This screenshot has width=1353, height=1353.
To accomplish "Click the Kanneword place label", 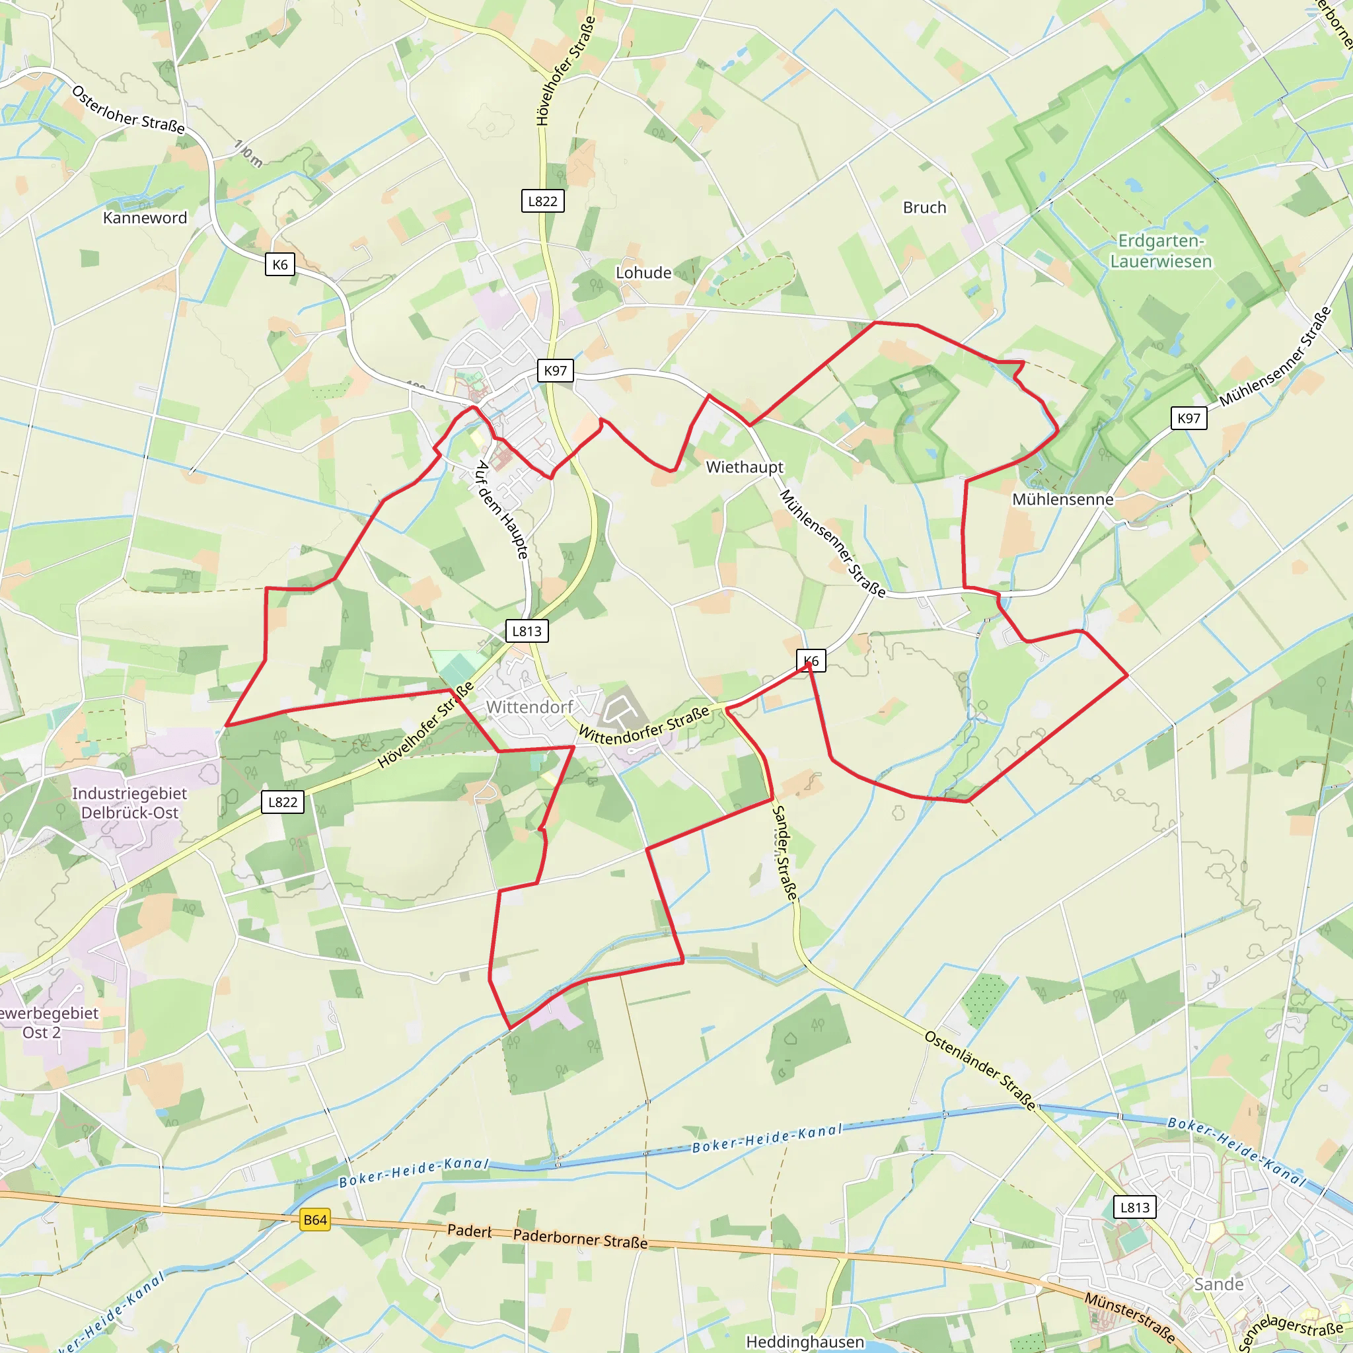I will coord(145,218).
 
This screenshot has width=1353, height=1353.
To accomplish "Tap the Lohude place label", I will coord(643,272).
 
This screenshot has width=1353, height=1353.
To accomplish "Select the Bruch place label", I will coord(924,207).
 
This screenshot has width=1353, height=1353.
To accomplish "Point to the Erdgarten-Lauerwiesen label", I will coord(1160,250).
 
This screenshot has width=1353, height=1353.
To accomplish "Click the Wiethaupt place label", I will coord(745,466).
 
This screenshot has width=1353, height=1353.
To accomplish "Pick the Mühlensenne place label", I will coord(1062,499).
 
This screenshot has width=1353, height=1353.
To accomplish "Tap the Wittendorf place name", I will coord(529,707).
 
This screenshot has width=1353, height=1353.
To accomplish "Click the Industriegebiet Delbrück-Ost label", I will coord(129,803).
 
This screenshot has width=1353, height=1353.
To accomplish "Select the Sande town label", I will coord(1218,1284).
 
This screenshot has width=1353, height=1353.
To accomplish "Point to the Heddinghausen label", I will coord(805,1341).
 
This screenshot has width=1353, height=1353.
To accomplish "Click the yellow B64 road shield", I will coord(315,1220).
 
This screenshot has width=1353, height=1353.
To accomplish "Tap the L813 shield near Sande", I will coord(1134,1206).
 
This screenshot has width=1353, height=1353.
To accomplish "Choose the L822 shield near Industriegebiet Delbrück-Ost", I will coord(283,802).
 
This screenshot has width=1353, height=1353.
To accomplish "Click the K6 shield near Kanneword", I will coord(280,265).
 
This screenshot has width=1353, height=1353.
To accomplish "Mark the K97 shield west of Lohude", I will coord(556,371).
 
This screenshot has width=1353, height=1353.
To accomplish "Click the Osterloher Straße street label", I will coord(128,110).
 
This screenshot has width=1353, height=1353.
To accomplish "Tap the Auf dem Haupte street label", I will coord(501,510).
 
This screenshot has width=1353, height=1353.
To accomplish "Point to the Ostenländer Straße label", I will coord(980,1070).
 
